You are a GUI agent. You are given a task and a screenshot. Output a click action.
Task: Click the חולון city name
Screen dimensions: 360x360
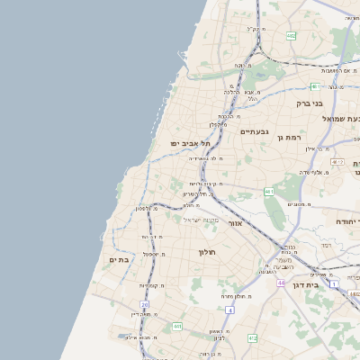[210, 252]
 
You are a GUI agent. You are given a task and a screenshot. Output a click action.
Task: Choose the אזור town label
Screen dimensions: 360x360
[236, 222]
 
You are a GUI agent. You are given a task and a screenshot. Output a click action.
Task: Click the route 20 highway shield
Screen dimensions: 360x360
[144, 305]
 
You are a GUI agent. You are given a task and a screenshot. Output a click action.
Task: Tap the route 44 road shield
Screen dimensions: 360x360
[281, 283]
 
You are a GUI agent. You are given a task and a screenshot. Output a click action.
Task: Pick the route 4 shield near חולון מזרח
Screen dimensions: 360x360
[229, 310]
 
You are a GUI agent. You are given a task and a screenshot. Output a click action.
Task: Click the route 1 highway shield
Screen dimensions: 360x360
[332, 284]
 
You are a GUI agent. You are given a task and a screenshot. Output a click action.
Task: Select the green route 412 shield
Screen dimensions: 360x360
[252, 338]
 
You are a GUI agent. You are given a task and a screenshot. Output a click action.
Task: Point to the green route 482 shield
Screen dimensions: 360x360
[291, 36]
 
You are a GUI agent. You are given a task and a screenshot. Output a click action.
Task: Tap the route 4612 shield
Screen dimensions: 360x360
[337, 161]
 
